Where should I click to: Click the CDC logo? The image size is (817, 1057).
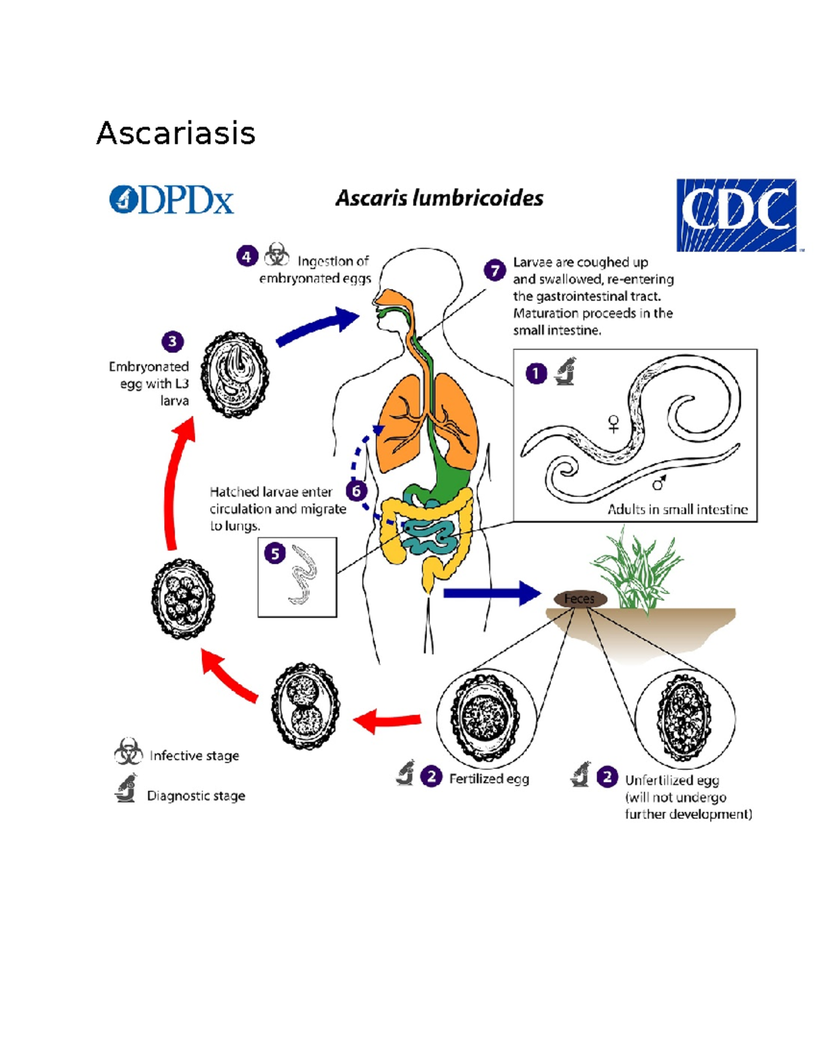point(736,215)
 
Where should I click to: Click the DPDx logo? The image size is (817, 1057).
point(172,199)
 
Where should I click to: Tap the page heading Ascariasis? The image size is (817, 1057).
point(176,133)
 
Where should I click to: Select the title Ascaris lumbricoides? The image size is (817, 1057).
point(439,198)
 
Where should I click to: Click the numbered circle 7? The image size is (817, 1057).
point(495,270)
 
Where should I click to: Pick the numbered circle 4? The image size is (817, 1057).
point(246,257)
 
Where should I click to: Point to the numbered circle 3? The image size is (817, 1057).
point(172,341)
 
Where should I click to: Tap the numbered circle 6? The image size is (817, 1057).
point(356,490)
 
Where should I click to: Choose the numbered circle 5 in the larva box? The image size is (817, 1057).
point(275,553)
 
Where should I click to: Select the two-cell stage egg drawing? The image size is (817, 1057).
point(305,706)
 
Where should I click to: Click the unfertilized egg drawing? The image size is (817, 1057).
point(684,718)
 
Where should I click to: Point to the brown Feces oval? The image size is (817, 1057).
point(579,599)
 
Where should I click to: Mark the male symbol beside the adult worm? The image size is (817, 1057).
point(659,483)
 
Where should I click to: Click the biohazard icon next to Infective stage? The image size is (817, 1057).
point(128,751)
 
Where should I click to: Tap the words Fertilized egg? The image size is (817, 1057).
point(489,779)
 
